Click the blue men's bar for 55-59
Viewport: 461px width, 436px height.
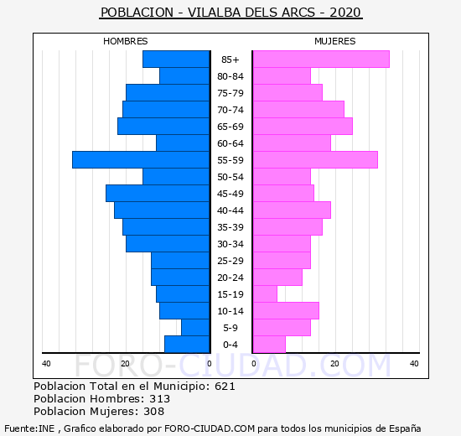click(141, 160)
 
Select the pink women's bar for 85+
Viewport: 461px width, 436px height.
click(321, 60)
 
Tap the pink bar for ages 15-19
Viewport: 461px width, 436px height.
click(265, 294)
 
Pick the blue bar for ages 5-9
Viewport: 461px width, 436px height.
click(195, 328)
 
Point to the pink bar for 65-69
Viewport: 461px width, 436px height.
click(303, 127)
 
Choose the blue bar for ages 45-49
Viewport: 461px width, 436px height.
click(158, 194)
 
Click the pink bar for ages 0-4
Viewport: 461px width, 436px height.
click(269, 345)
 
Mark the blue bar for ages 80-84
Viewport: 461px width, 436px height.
click(184, 76)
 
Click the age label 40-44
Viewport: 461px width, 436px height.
click(230, 210)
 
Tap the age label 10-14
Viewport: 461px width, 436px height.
click(230, 311)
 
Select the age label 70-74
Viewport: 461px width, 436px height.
click(230, 110)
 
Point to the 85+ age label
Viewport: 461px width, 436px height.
click(230, 60)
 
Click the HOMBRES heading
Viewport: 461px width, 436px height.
click(126, 41)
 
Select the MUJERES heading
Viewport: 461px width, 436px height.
click(335, 41)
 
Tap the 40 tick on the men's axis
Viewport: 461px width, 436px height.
click(46, 364)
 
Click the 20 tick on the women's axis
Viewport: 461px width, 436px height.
click(334, 364)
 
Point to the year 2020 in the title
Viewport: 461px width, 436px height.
click(344, 13)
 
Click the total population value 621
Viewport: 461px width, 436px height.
click(225, 387)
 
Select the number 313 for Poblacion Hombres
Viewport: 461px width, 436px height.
click(159, 399)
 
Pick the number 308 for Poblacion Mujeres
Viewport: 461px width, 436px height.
click(153, 412)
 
